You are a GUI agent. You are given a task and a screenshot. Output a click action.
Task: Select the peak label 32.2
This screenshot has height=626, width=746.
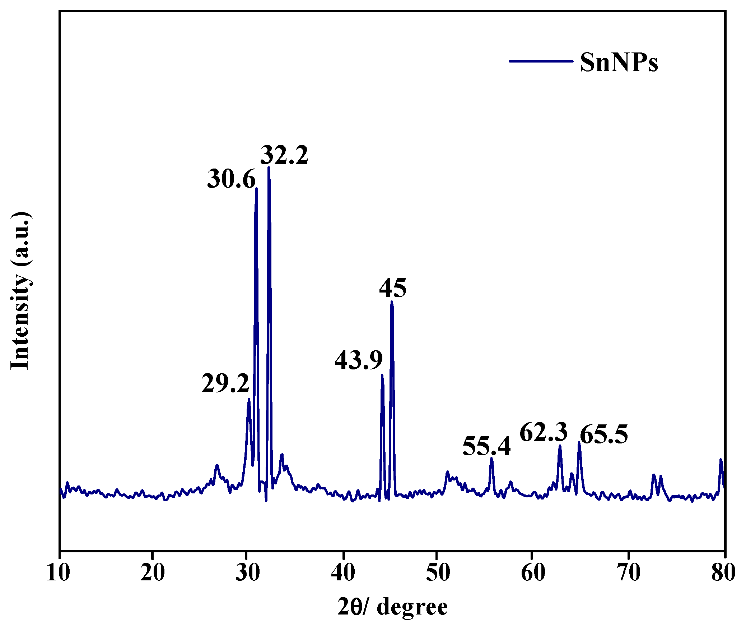284,155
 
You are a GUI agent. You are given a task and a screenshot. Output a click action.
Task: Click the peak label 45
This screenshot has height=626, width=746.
393,288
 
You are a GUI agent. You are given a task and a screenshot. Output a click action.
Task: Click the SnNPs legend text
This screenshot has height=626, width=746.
619,62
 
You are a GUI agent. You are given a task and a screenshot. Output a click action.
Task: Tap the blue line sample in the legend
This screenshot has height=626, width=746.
541,61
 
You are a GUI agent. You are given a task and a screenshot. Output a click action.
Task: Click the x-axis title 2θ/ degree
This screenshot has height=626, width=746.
392,607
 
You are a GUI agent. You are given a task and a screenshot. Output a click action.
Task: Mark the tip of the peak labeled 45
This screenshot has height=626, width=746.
392,302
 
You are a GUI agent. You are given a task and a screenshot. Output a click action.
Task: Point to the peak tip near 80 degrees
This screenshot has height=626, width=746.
721,460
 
